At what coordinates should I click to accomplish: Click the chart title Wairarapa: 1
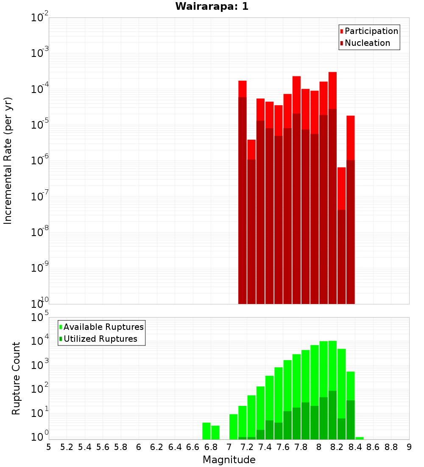(212, 6)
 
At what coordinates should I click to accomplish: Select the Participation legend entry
(371, 31)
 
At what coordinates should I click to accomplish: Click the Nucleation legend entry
(367, 43)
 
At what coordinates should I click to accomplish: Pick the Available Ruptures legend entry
(103, 327)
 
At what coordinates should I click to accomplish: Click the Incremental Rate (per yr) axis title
(8, 160)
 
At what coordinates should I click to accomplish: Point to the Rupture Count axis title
(16, 378)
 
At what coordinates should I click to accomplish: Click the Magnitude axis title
(229, 460)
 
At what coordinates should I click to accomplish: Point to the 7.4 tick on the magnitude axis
(265, 447)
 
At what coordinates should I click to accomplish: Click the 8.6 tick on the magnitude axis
(373, 447)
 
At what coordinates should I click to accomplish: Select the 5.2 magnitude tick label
(67, 447)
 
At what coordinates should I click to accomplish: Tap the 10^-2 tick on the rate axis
(40, 18)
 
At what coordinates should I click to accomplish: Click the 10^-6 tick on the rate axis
(40, 161)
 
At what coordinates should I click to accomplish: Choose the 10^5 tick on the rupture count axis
(40, 317)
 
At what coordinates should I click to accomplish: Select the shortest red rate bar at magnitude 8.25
(341, 187)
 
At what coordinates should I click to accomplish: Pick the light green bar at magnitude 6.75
(206, 431)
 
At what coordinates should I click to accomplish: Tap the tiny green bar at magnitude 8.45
(360, 438)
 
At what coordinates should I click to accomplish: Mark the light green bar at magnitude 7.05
(233, 427)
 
